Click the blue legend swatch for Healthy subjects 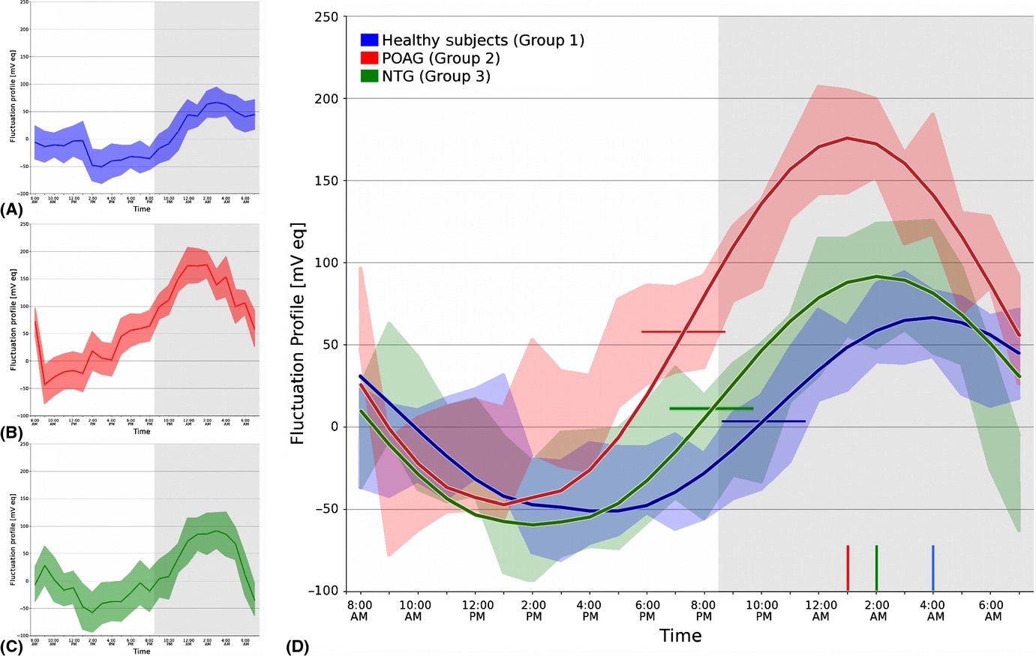[369, 40]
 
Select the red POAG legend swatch [369, 58]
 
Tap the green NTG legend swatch [369, 76]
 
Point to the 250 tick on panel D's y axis [326, 16]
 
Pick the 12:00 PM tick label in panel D [477, 610]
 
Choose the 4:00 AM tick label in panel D [935, 610]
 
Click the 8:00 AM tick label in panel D [360, 610]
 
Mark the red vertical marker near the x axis [848, 568]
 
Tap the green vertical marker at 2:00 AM [876, 568]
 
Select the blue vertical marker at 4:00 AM [933, 568]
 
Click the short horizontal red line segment [683, 331]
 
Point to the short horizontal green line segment [711, 409]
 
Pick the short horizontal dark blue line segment [764, 421]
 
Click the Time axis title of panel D [680, 636]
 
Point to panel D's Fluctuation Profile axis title [298, 334]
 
